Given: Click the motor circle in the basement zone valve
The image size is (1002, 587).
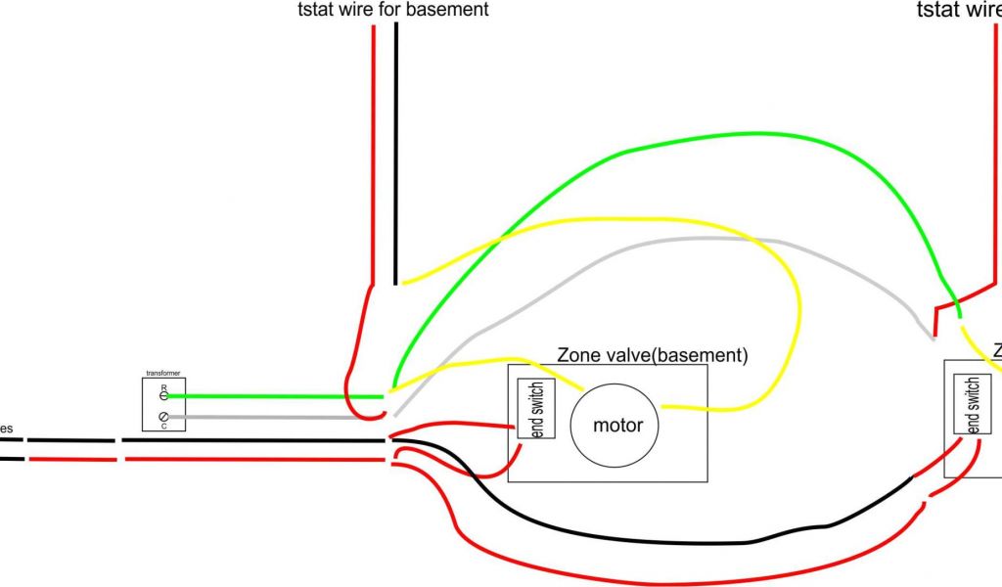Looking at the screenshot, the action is (618, 425).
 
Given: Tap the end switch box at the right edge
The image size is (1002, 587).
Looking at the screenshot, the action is (972, 404).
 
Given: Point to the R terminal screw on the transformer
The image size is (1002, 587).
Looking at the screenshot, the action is (163, 395).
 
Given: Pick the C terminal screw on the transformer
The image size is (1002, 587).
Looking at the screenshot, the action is (163, 418).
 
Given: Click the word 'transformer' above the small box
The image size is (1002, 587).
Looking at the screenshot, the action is (163, 373).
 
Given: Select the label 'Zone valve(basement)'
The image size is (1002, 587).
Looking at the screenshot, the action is (652, 354).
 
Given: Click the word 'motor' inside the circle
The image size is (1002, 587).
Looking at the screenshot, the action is (618, 426).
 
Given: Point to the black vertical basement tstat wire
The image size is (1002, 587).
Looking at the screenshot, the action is (396, 147).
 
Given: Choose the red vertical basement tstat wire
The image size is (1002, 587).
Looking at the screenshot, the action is (373, 147).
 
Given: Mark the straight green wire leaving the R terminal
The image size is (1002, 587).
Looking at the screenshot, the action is (274, 397).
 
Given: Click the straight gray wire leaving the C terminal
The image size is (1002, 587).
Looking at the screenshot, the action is (274, 417).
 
